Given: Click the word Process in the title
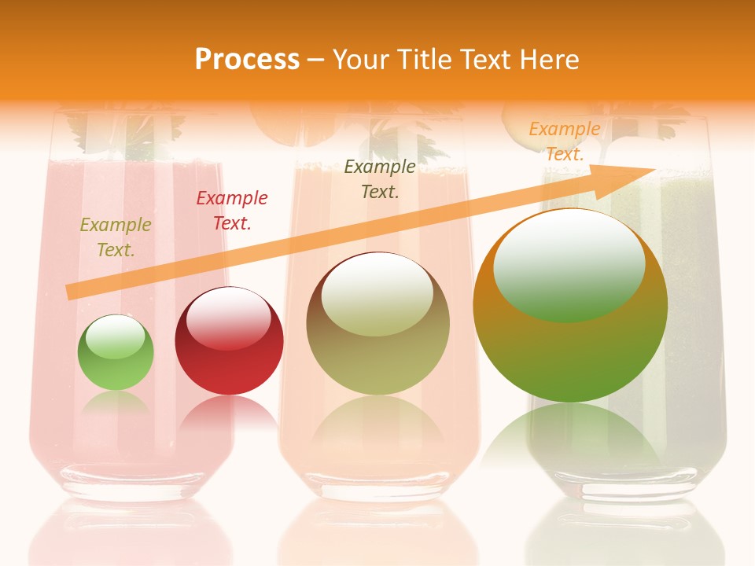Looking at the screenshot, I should pos(247,59).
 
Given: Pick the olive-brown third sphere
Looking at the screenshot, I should pos(378,330).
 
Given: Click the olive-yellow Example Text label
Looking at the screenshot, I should pos(116,237).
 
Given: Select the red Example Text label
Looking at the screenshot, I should pos(232,211).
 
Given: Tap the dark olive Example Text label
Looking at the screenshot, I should pos(380,178).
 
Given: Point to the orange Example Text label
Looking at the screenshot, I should pos(564,141).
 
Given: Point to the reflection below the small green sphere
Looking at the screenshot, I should pos(116,404).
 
